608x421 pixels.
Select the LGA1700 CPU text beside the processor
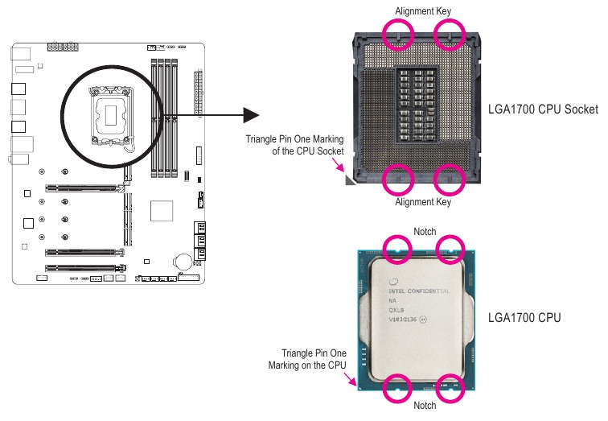(524, 318)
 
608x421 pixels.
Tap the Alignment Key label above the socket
(423, 11)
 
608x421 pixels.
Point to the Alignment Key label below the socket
(423, 202)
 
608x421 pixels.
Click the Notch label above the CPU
(424, 231)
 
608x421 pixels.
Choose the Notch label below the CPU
(424, 406)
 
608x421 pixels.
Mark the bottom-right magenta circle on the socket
(450, 180)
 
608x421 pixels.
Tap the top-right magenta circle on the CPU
(450, 250)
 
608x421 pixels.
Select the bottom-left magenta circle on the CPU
(398, 387)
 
